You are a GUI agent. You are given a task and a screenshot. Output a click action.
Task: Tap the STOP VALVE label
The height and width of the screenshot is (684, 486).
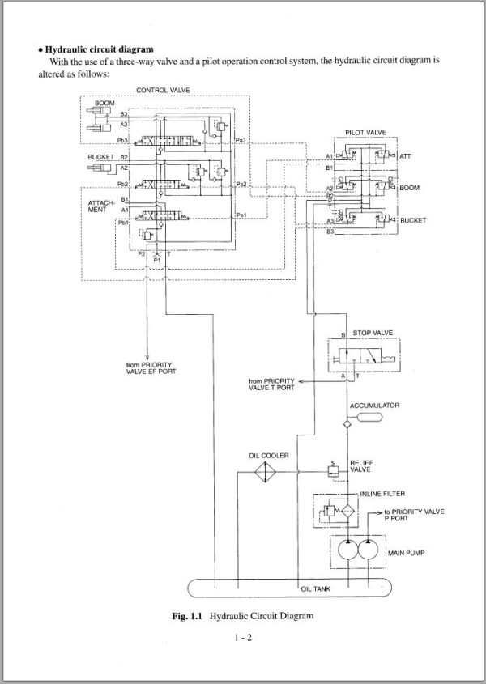(372, 333)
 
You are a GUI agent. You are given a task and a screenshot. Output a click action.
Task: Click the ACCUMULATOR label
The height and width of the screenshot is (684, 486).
(373, 405)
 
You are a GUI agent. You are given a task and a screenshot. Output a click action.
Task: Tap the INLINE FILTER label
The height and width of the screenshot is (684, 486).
(382, 493)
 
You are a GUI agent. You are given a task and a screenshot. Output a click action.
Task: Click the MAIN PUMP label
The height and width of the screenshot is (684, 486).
(407, 554)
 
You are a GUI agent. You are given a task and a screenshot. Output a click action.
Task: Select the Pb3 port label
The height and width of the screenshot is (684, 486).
(123, 141)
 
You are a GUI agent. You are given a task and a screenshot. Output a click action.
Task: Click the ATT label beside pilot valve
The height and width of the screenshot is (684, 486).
(406, 155)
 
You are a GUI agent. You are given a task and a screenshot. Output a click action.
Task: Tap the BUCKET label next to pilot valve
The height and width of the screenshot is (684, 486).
(413, 219)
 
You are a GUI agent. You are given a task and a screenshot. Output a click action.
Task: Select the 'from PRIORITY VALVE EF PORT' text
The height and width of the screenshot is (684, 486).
(151, 368)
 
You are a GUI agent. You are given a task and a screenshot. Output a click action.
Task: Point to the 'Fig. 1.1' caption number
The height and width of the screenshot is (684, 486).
(188, 616)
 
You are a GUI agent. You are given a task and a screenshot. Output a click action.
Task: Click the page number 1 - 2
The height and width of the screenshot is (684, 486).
(242, 639)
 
